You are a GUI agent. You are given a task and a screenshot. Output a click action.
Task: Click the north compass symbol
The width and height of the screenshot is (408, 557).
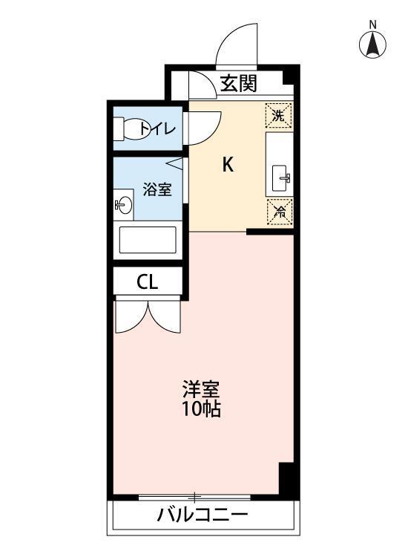[x=373, y=46]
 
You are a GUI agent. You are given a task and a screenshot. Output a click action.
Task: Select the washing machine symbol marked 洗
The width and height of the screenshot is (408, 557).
[x=278, y=115]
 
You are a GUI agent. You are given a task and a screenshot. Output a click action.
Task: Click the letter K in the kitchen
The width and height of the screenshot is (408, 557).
[x=228, y=166]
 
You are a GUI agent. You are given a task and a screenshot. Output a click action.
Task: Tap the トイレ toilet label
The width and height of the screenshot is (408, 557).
[x=158, y=130]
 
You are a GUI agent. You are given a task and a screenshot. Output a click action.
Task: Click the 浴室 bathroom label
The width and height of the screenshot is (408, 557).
[x=157, y=189]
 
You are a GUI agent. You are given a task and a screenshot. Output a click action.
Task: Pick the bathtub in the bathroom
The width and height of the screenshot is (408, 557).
[x=148, y=240]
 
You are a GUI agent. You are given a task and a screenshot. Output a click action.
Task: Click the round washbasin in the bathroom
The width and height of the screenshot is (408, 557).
[x=124, y=204]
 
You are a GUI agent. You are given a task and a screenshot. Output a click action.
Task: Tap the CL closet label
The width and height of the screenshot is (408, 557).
[x=147, y=282]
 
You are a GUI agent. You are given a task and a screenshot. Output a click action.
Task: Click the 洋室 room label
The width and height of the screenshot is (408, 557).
[x=201, y=389]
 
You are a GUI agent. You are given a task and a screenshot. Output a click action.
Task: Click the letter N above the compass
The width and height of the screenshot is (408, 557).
[x=373, y=25]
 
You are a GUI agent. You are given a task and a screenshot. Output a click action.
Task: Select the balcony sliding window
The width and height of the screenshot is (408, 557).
[x=196, y=496]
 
